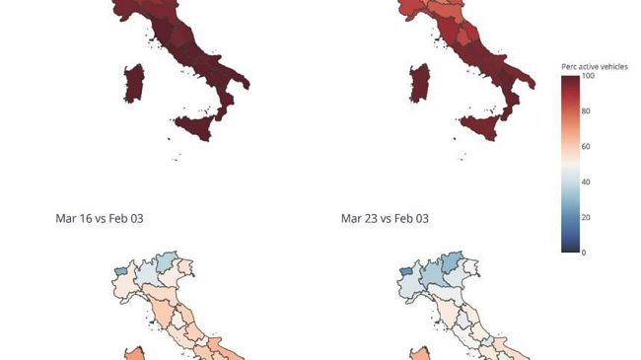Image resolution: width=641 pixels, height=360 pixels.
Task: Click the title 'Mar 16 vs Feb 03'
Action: (106, 217)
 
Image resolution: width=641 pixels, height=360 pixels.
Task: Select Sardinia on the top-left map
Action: (134, 82)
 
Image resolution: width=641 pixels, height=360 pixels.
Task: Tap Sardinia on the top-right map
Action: (418, 82)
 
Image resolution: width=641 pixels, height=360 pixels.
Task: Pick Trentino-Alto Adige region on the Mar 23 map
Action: (453, 263)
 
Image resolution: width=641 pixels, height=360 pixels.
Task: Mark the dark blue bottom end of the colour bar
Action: (570, 249)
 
